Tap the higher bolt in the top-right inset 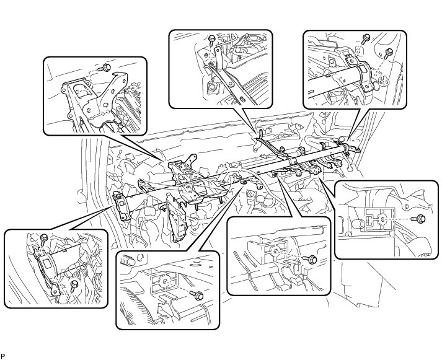coord(366,38)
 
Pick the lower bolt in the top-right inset coord(389,52)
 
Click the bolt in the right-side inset coord(420,218)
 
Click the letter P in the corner coord(3,356)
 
